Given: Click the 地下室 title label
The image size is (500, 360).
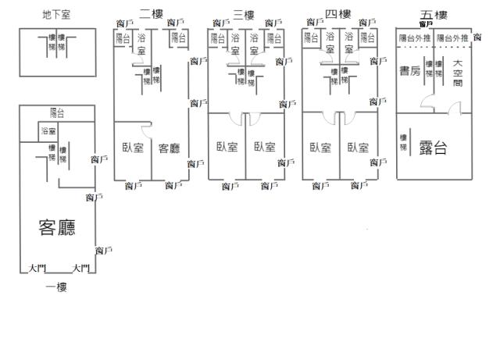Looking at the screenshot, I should click(x=56, y=16).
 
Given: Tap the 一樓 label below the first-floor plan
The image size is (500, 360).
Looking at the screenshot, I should click(x=56, y=287).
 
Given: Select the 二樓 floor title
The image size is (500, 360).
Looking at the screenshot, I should click(x=151, y=14).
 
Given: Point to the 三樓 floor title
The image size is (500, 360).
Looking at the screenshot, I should click(x=244, y=15).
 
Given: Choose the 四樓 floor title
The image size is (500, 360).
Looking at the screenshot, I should click(x=337, y=15).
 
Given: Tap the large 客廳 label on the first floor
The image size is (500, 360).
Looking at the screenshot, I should click(x=57, y=227).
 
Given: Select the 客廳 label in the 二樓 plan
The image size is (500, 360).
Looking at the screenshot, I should click(x=170, y=148).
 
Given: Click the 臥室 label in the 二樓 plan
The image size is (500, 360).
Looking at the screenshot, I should click(x=133, y=148).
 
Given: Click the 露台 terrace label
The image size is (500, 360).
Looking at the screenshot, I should click(x=434, y=148).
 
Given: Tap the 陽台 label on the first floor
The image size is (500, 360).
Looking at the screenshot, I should click(x=57, y=113).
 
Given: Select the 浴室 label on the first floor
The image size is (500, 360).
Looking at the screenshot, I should click(x=48, y=131).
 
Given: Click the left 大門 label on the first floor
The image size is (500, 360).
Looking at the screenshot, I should click(x=35, y=269).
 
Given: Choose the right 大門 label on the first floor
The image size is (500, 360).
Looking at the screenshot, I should click(x=80, y=269).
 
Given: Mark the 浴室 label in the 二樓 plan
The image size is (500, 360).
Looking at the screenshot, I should click(x=141, y=44).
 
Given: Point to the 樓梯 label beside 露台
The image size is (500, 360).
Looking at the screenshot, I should click(x=403, y=141).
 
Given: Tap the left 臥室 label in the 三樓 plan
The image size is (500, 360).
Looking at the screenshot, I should click(x=227, y=148).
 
